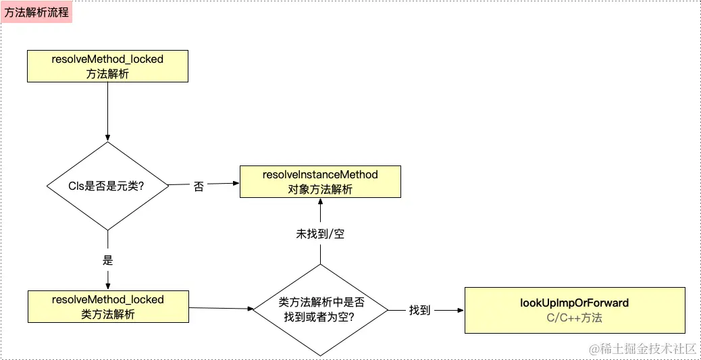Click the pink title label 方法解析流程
36,13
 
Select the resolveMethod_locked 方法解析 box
107,66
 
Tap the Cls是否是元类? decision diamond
108,186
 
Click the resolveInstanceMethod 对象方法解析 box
320,182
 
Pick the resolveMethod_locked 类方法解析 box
108,307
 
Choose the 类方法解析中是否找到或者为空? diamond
321,310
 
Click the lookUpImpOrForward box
575,310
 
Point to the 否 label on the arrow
199,186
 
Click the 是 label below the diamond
108,260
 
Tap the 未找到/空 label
320,234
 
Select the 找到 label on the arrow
419,311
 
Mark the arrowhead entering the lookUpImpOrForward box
461,310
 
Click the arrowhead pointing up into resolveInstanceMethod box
320,201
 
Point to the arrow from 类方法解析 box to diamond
221,308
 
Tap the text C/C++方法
575,318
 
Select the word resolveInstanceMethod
320,175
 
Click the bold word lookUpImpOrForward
575,303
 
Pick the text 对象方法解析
320,189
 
